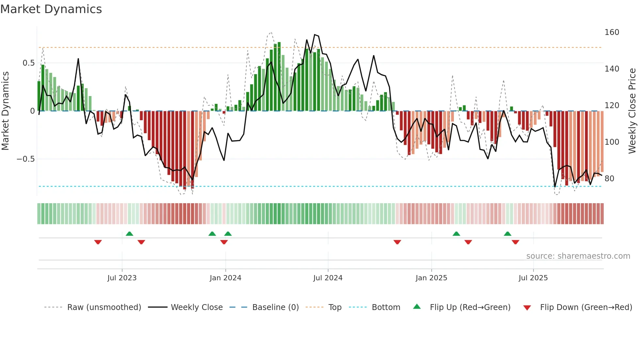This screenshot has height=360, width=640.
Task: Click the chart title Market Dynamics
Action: pos(51,9)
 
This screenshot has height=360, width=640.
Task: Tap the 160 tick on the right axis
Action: pos(612,32)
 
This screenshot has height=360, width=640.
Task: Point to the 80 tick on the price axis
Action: pos(609,179)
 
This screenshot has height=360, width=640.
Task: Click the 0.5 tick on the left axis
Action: pos(29,63)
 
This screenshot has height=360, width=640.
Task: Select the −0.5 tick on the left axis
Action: pos(26,159)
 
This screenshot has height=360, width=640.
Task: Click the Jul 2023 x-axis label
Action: pos(122,278)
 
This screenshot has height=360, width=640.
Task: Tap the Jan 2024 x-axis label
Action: pos(225,278)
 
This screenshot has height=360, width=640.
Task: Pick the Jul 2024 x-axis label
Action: pos(328,278)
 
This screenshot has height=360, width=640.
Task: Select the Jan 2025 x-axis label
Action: pos(431,278)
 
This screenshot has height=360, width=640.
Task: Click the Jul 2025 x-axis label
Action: pos(533,278)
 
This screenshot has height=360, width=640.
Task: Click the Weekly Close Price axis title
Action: pos(632,111)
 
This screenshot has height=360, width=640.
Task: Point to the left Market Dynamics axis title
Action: pos(5,111)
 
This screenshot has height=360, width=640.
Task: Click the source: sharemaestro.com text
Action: pos(578,256)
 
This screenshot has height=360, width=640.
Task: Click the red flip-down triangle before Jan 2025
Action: pos(397,242)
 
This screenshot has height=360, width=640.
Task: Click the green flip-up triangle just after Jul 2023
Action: pos(129,234)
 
